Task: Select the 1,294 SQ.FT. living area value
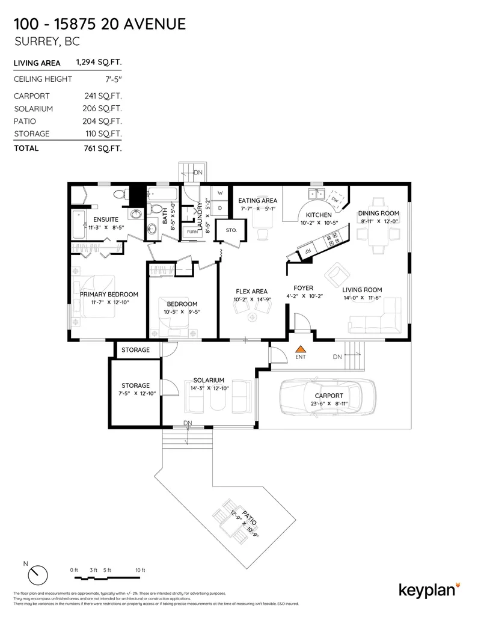[x=99, y=62]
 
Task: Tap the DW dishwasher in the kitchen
[x=334, y=199]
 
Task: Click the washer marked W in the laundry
[x=219, y=193]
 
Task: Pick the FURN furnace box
[x=192, y=232]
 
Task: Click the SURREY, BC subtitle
[x=46, y=42]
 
